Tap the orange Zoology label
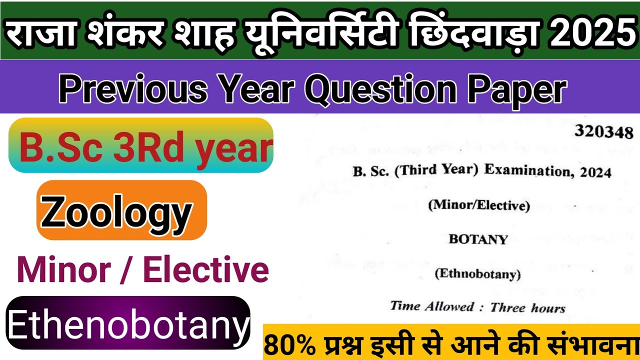[121, 210]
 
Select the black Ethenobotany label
[128, 323]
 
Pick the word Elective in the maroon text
[206, 269]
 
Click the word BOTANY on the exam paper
[478, 239]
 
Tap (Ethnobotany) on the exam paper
[478, 274]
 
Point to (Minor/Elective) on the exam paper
[478, 205]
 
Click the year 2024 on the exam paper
[596, 172]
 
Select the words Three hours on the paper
[527, 307]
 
